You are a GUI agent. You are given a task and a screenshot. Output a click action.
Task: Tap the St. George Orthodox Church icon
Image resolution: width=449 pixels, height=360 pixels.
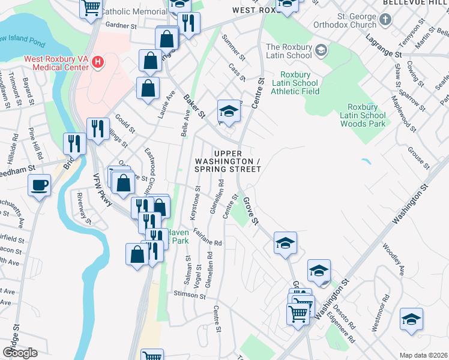(x=385, y=19)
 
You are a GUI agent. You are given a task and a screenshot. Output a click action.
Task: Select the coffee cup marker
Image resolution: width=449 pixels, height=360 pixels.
(x=40, y=185)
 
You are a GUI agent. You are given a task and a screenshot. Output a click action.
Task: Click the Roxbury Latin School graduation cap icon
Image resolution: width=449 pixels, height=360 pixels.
(x=321, y=49)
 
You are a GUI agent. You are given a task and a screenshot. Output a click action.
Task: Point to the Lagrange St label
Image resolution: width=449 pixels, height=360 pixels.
(x=382, y=52)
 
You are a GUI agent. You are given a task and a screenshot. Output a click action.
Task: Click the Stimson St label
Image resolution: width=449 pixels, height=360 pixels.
(x=190, y=295)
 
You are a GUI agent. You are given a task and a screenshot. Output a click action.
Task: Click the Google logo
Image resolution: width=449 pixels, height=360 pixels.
(x=20, y=352)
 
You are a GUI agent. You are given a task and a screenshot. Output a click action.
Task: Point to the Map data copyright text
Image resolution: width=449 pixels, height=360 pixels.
(x=424, y=355)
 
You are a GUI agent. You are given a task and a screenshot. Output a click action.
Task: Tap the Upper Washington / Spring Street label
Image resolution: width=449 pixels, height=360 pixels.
(x=228, y=162)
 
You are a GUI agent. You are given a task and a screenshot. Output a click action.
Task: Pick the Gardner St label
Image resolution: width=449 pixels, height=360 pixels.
(x=121, y=26)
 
